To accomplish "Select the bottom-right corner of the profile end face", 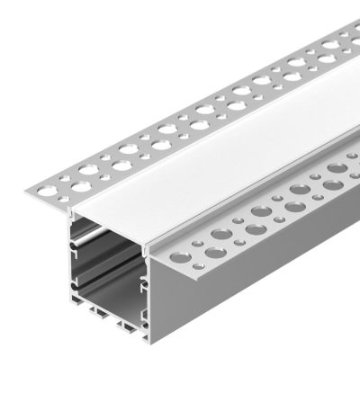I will [x=148, y=338].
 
